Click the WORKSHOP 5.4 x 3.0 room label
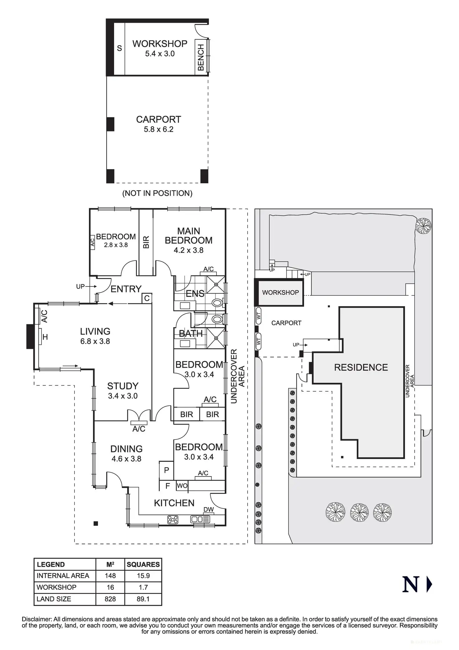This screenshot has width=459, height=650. pyautogui.click(x=160, y=48)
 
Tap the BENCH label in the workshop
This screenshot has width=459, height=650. pyautogui.click(x=201, y=57)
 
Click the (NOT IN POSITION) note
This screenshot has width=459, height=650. pyautogui.click(x=157, y=193)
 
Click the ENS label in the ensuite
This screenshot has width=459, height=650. pyautogui.click(x=195, y=294)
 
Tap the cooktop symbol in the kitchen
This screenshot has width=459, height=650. pyautogui.click(x=173, y=520)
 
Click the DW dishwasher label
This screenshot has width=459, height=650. pyautogui.click(x=209, y=510)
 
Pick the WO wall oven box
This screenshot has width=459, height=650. pyautogui.click(x=182, y=486)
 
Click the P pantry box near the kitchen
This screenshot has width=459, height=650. pyautogui.click(x=167, y=471)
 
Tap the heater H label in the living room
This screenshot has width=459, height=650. pyautogui.click(x=45, y=337)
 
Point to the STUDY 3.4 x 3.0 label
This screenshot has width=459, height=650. pyautogui.click(x=123, y=391)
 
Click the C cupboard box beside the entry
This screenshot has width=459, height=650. pyautogui.click(x=147, y=298)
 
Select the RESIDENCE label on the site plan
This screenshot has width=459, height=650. pyautogui.click(x=361, y=367)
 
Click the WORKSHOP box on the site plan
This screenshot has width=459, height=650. pyautogui.click(x=279, y=292)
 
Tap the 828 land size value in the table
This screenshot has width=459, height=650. pyautogui.click(x=110, y=599)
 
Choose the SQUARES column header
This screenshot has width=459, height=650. pyautogui.click(x=143, y=564)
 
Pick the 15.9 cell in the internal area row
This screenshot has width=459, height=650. pyautogui.click(x=143, y=576)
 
